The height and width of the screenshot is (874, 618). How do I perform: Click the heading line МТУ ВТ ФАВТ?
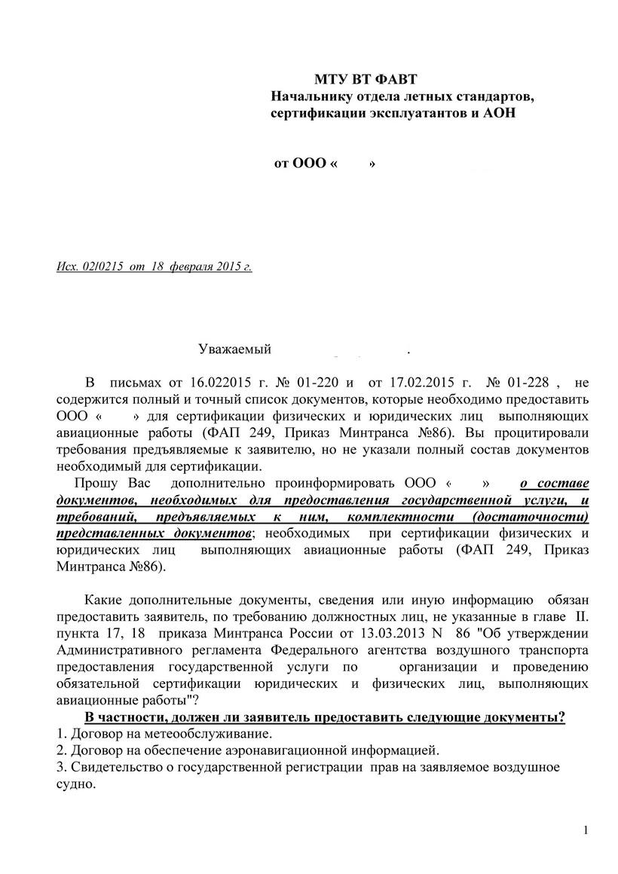(366, 80)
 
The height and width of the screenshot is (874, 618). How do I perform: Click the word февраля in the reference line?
(193, 267)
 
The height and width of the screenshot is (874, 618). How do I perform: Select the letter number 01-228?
(532, 382)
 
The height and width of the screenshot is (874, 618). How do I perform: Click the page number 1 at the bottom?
(586, 831)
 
